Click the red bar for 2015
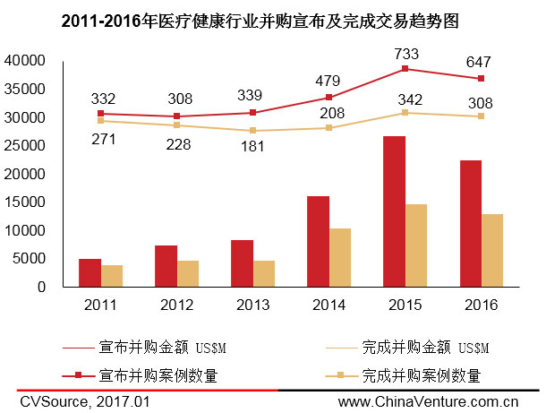394,211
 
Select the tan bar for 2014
340,257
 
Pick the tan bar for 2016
492,250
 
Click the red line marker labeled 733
405,69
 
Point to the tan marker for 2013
253,131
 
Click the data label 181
253,148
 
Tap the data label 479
329,81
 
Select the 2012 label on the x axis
177,305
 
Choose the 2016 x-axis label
481,305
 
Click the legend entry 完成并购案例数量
421,374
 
